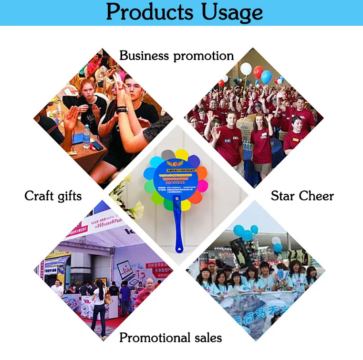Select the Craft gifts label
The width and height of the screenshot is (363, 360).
[53, 196]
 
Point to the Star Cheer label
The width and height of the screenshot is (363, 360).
[302, 196]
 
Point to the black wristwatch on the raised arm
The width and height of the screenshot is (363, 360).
[122, 110]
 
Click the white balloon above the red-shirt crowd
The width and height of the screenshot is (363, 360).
[246, 69]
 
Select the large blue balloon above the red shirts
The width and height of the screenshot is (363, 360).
[266, 76]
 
